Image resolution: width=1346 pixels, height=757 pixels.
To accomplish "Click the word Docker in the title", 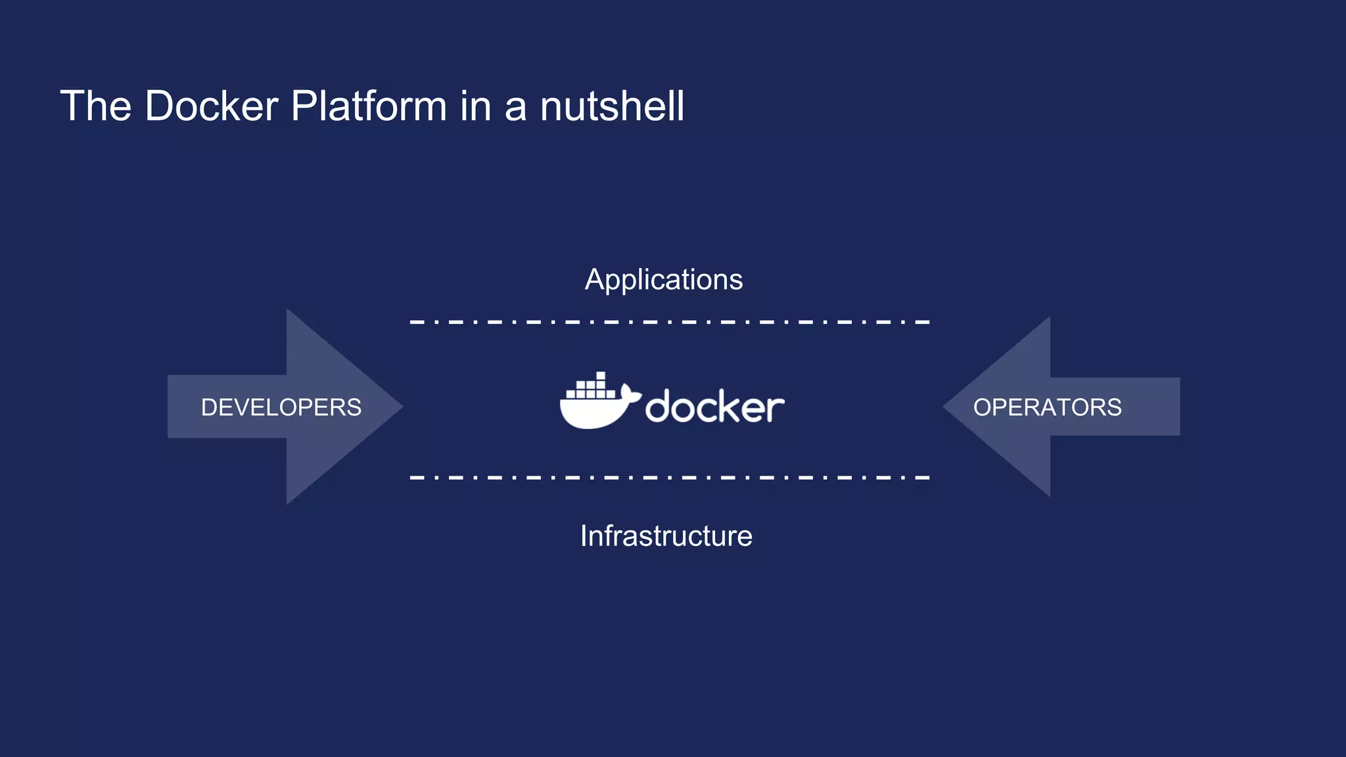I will [x=211, y=106].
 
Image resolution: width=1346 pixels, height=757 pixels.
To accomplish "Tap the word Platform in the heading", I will [x=369, y=106].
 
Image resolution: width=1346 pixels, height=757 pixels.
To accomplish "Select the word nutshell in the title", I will [x=612, y=106].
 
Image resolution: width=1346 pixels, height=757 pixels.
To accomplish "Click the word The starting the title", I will [x=96, y=106].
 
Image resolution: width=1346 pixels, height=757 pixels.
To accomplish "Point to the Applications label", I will [x=664, y=280].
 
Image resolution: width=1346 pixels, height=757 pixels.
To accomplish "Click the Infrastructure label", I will [x=666, y=536].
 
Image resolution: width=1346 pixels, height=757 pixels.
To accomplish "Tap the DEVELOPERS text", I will [x=281, y=407].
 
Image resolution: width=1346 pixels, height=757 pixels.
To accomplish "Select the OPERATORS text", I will [x=1047, y=407].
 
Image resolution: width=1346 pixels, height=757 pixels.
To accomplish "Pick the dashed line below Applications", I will [x=669, y=322].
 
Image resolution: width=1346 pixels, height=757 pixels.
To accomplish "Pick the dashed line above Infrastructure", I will [x=669, y=478].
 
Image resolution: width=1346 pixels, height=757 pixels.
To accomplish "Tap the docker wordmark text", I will [x=715, y=407].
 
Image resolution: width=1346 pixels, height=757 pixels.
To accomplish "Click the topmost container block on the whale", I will [x=601, y=376].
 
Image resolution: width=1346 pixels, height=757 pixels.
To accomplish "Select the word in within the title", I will [x=476, y=106].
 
